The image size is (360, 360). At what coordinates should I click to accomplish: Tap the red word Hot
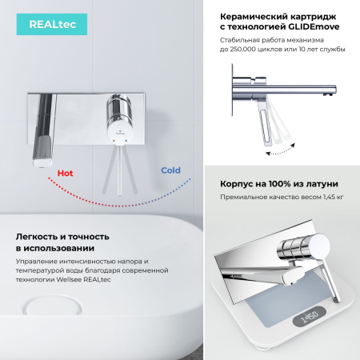[66, 172]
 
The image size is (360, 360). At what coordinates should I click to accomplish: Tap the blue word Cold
[170, 170]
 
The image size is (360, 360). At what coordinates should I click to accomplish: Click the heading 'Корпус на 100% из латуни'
[278, 184]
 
